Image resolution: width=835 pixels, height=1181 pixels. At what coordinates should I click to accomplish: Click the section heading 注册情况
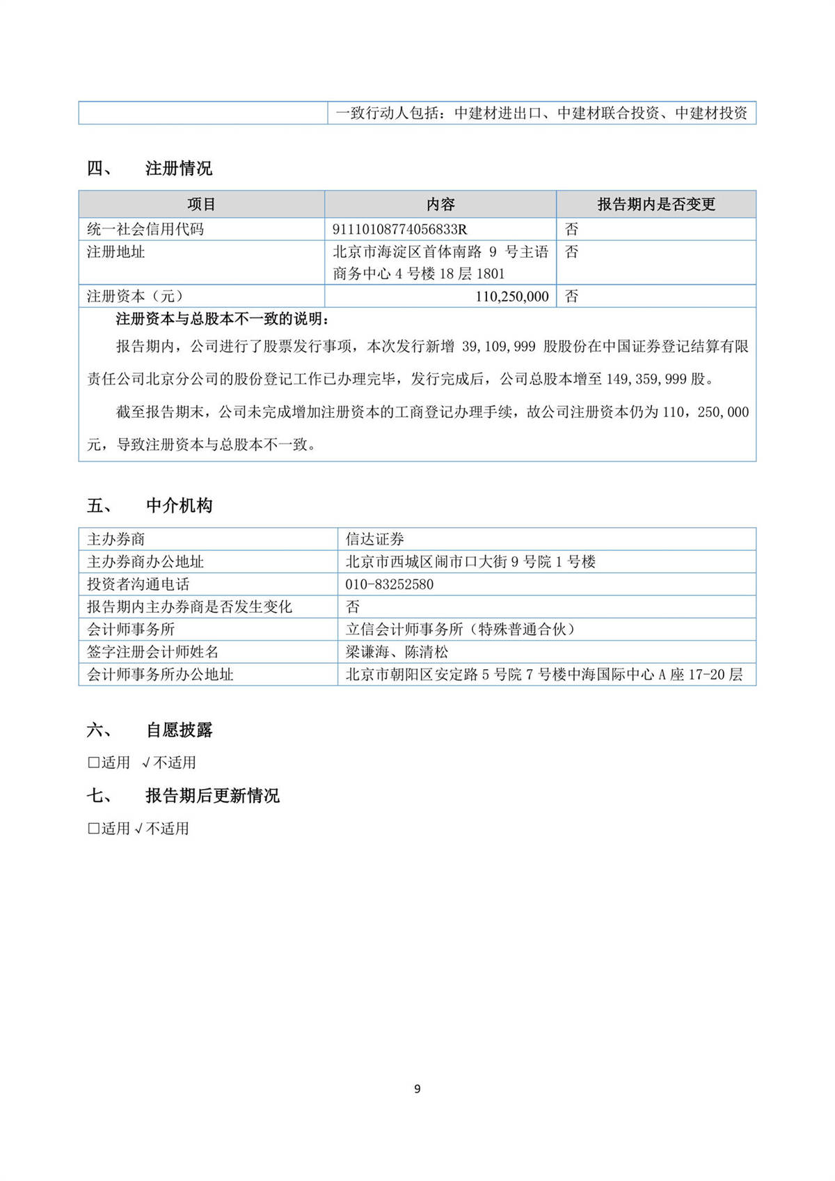(179, 169)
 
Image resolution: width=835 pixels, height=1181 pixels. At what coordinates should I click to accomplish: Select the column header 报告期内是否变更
(656, 204)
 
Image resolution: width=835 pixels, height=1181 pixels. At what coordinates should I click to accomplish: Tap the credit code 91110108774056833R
(400, 229)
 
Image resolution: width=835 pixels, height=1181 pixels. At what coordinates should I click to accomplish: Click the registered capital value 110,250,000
(512, 296)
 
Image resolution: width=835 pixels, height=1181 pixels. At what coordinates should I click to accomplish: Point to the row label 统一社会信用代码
(145, 229)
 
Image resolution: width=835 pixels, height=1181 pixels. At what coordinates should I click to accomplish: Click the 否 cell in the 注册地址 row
(571, 251)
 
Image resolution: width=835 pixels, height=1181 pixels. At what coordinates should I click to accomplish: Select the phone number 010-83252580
(390, 584)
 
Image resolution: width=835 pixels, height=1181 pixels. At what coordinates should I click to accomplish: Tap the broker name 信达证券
(375, 539)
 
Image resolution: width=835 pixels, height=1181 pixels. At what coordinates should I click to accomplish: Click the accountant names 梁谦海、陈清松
(397, 652)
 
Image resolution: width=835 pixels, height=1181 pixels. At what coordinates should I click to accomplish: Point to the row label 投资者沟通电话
(138, 584)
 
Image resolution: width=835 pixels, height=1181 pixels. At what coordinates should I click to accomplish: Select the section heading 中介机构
(179, 506)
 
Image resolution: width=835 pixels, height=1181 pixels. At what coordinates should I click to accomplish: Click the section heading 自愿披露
(179, 730)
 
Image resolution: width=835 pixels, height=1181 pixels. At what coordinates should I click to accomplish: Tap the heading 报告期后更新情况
(212, 795)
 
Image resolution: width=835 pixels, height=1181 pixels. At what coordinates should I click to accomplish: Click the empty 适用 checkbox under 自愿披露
(93, 762)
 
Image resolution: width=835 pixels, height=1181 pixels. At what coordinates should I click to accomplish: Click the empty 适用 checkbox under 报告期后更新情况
(93, 828)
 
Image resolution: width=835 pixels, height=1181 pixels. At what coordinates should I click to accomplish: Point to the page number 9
(417, 1088)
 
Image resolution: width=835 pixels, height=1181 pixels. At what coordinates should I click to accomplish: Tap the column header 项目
(201, 204)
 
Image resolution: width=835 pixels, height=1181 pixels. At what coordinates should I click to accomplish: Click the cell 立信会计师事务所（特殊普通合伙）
(461, 629)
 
